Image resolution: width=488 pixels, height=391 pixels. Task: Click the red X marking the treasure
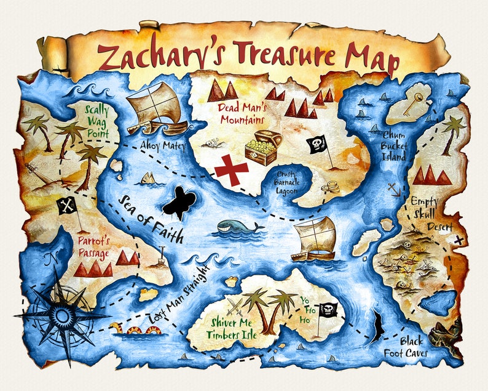[x=231, y=169]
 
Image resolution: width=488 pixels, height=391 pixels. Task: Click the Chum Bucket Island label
[x=393, y=145]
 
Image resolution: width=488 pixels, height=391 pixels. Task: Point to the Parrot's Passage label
[x=93, y=246]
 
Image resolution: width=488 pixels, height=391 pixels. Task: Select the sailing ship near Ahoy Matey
[x=156, y=109]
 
